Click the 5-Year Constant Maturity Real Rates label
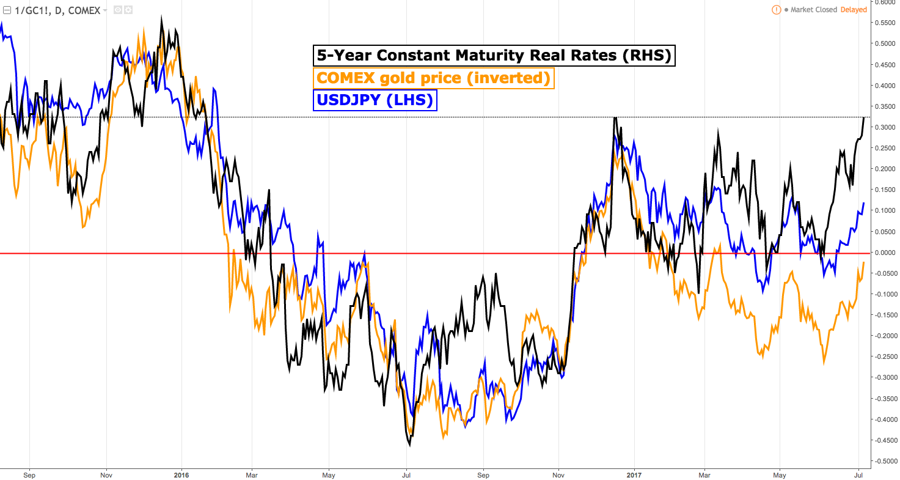click(x=494, y=56)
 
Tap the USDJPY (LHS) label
click(x=375, y=100)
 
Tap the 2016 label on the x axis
click(x=181, y=473)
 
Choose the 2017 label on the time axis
click(x=634, y=473)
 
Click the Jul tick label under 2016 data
click(x=406, y=473)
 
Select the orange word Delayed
click(x=853, y=10)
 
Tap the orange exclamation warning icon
click(x=776, y=10)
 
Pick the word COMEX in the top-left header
click(x=84, y=10)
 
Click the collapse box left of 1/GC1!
click(x=7, y=10)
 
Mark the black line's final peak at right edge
click(x=863, y=117)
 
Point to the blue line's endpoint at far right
click(x=863, y=203)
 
